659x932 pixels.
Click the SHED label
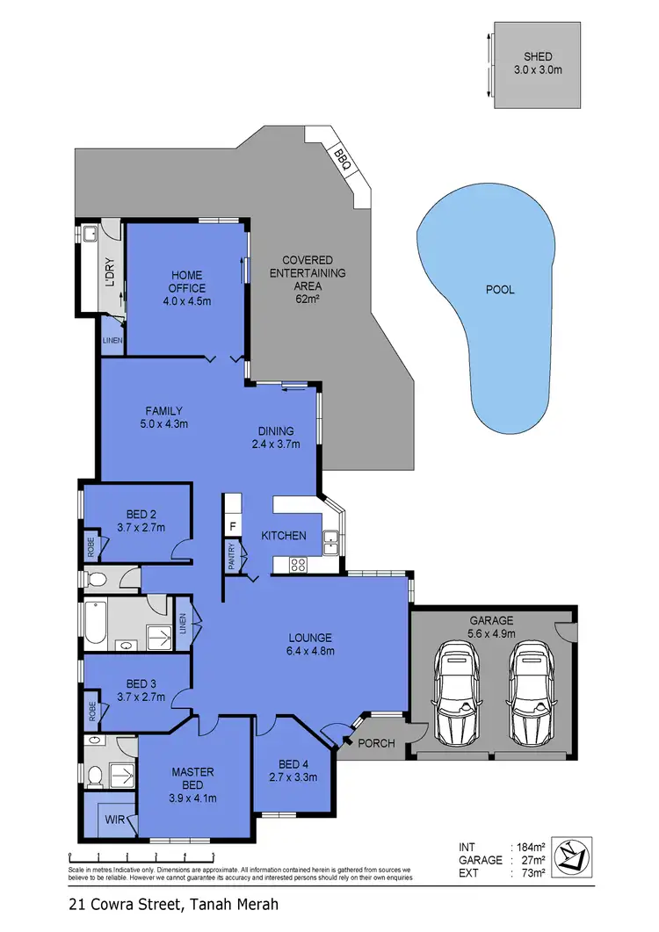[x=536, y=57]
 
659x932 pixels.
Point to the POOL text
[x=500, y=289]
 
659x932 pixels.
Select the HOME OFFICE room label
[x=187, y=281]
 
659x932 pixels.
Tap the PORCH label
[x=375, y=744]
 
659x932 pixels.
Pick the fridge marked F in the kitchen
[x=232, y=527]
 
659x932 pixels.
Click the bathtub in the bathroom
[x=98, y=625]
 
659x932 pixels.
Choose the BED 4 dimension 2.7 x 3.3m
[x=293, y=777]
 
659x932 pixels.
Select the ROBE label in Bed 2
[x=91, y=548]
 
